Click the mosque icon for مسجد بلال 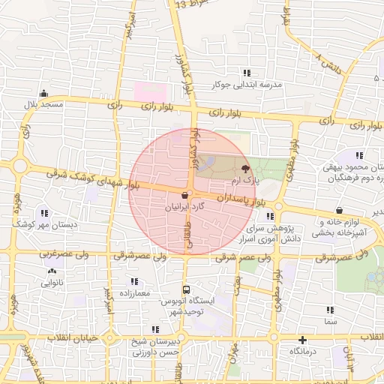tap(44, 94)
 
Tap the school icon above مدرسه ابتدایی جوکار tap(247, 73)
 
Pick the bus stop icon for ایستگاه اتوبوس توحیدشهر tap(186, 289)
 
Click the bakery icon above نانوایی tap(52, 271)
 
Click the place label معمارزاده tap(134, 292)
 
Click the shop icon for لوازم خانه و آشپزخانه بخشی tap(341, 211)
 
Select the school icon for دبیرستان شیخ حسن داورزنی tap(155, 329)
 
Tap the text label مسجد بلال tap(44, 105)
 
